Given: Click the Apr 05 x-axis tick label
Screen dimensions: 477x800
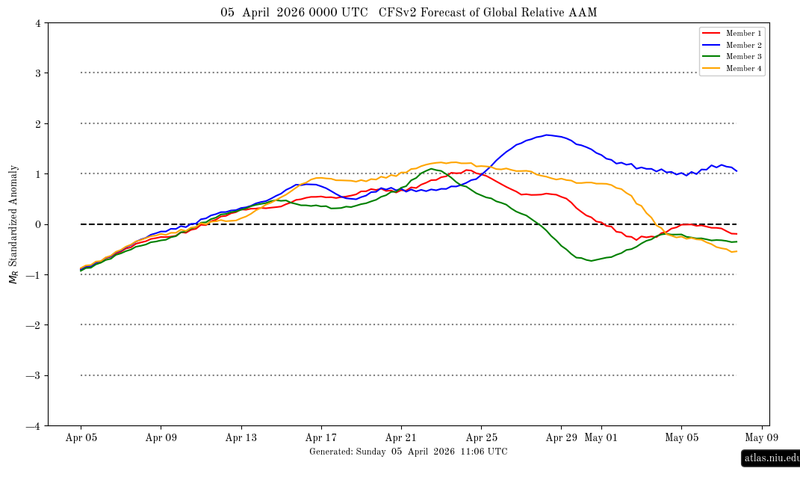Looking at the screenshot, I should tap(81, 438).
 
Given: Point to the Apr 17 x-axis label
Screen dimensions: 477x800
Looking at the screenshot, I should tap(321, 438).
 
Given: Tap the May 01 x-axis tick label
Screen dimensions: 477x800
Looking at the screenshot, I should tap(601, 438).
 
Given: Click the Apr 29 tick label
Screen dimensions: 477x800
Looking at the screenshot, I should tap(562, 438).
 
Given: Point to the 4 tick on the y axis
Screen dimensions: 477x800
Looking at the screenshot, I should tap(37, 23).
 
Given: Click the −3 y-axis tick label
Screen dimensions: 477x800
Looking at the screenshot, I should tap(34, 375).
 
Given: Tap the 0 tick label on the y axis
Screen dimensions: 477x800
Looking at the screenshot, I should tap(37, 224).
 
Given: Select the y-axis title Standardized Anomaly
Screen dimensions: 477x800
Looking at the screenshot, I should tap(13, 224).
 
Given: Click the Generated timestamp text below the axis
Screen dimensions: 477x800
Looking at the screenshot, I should tap(408, 452).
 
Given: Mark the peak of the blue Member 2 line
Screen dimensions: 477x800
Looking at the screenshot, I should tap(548, 135).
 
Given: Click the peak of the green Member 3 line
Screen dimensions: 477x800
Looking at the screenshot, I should tap(432, 169).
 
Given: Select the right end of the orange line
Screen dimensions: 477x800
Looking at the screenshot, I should tap(737, 251).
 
